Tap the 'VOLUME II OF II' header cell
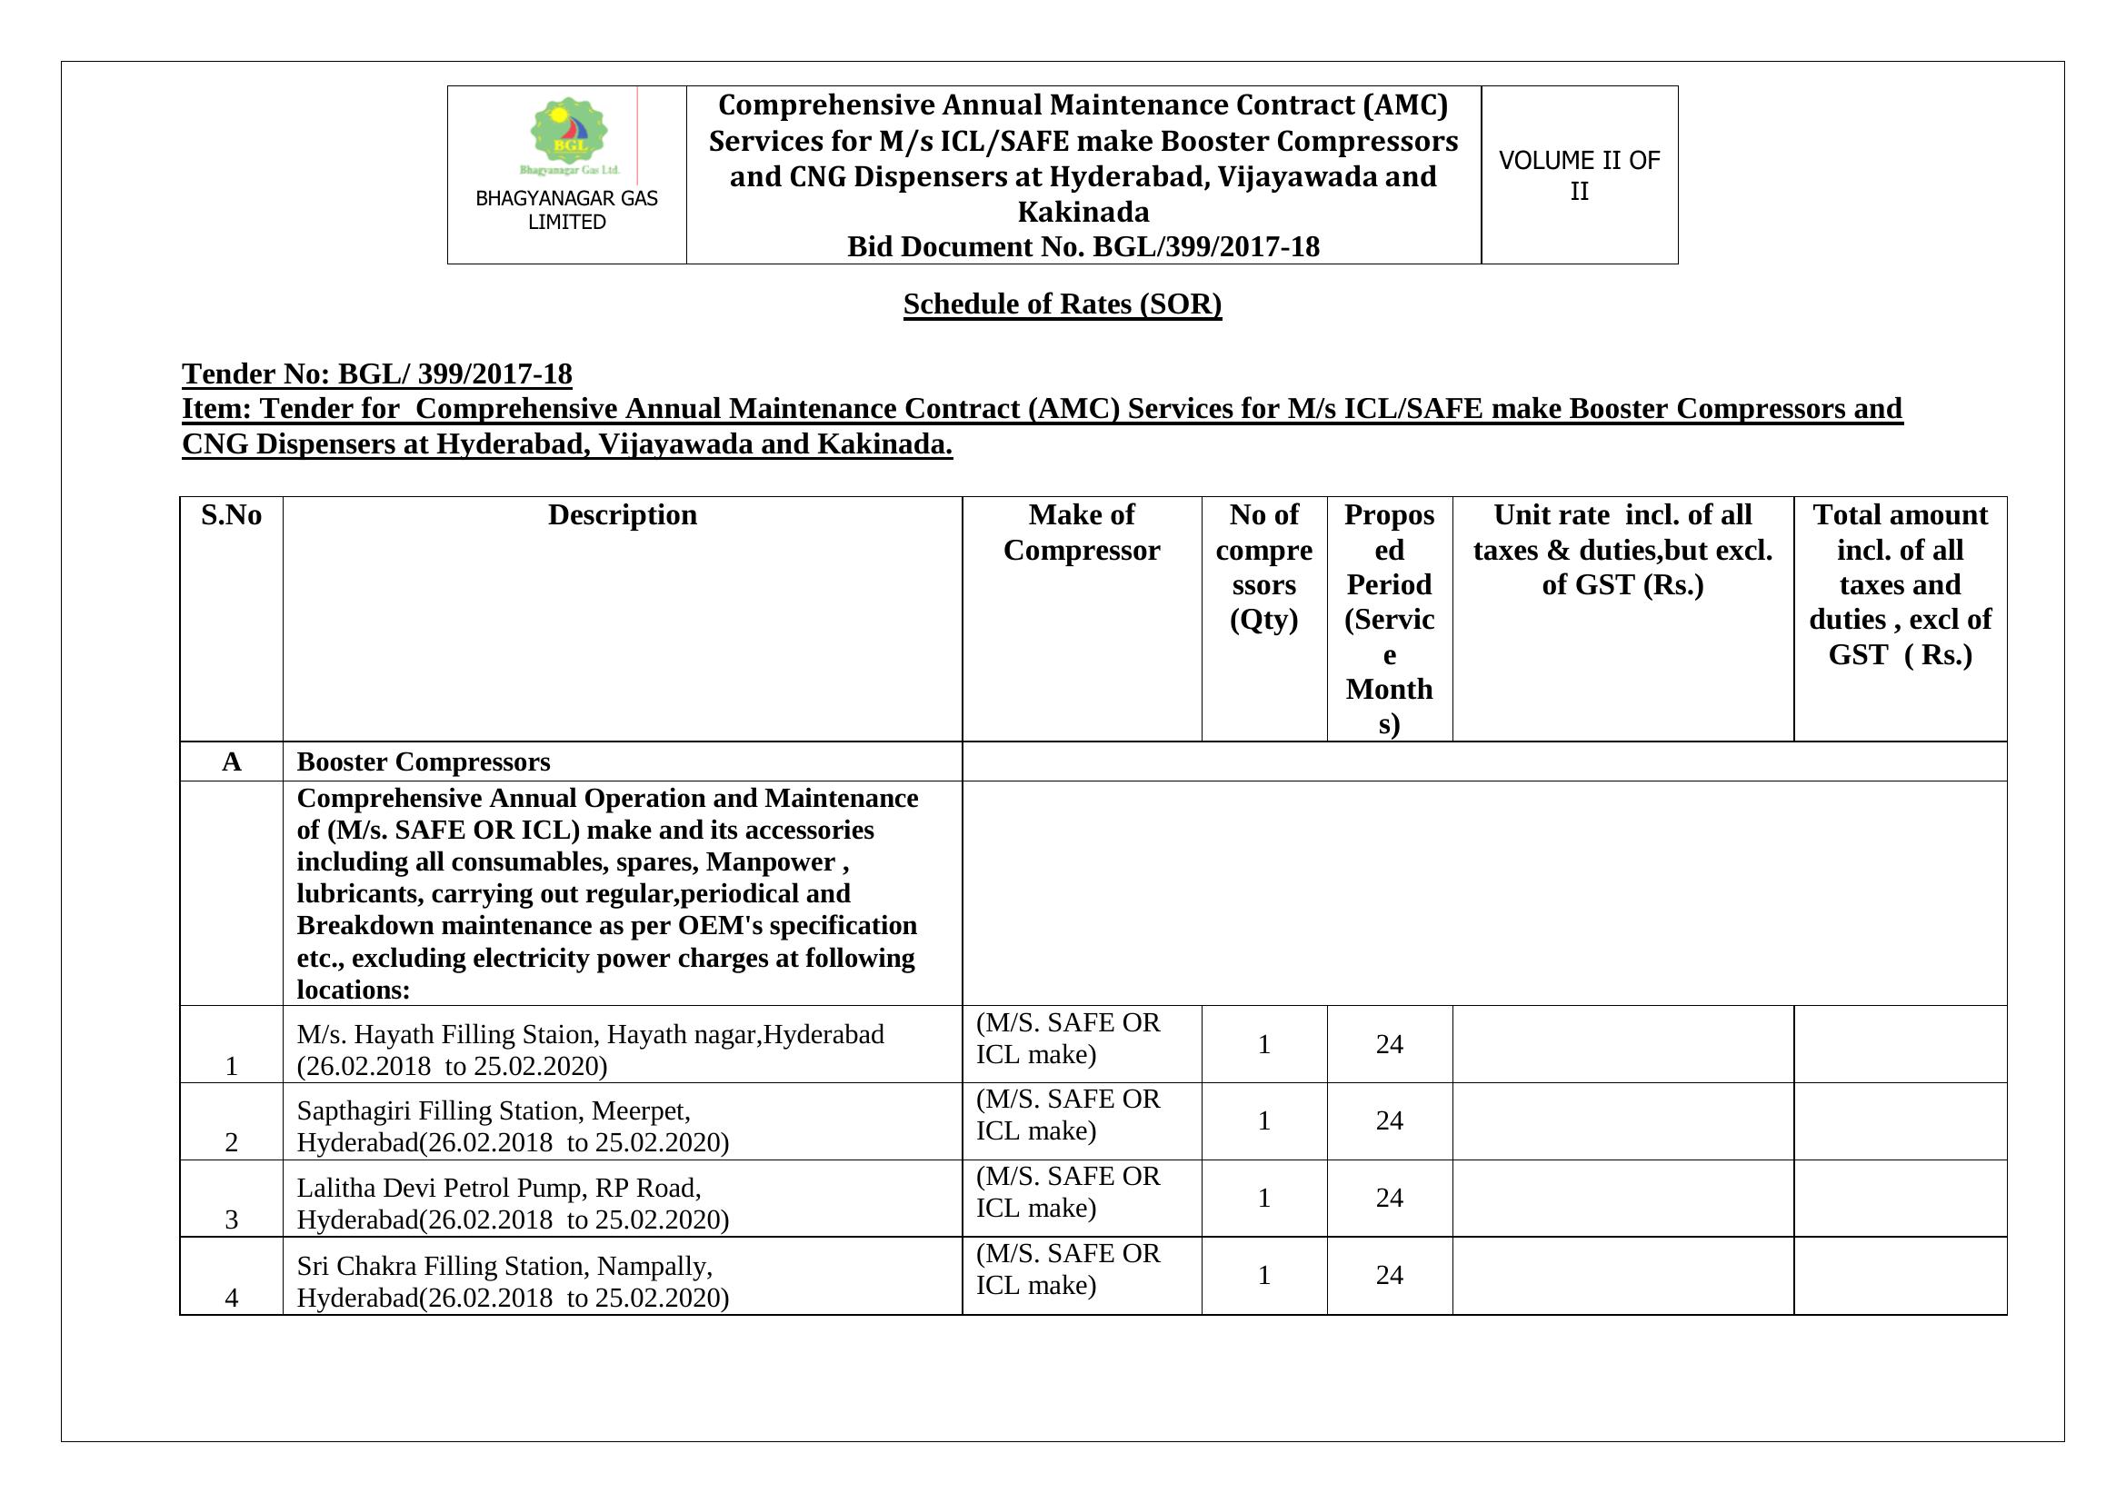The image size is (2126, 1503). pyautogui.click(x=1579, y=174)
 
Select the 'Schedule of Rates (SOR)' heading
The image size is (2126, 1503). pyautogui.click(x=1062, y=304)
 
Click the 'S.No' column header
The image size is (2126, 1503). pyautogui.click(x=232, y=515)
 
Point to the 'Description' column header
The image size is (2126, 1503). pyautogui.click(x=623, y=515)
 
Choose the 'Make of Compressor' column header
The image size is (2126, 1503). pyautogui.click(x=1082, y=533)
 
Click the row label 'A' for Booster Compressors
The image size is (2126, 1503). pyautogui.click(x=232, y=761)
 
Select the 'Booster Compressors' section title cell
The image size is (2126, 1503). pyautogui.click(x=424, y=761)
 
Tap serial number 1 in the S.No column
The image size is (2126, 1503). pyautogui.click(x=232, y=1066)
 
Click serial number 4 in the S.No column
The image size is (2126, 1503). pyautogui.click(x=232, y=1298)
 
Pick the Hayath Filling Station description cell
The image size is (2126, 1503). pyautogui.click(x=591, y=1050)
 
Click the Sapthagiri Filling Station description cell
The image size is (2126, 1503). pyautogui.click(x=513, y=1126)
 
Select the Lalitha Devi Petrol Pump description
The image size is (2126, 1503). pyautogui.click(x=513, y=1203)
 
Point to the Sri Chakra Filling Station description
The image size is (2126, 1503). pyautogui.click(x=513, y=1281)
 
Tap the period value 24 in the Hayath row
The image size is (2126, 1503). pyautogui.click(x=1389, y=1044)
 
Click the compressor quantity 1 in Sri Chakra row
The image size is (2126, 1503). pyautogui.click(x=1264, y=1275)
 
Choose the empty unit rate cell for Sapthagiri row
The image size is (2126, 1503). pyautogui.click(x=1622, y=1120)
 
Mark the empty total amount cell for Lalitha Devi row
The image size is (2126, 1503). pyautogui.click(x=1900, y=1198)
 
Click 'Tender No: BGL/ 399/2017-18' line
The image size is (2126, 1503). pyautogui.click(x=377, y=373)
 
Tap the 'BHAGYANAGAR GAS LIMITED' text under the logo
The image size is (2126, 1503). pyautogui.click(x=566, y=210)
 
